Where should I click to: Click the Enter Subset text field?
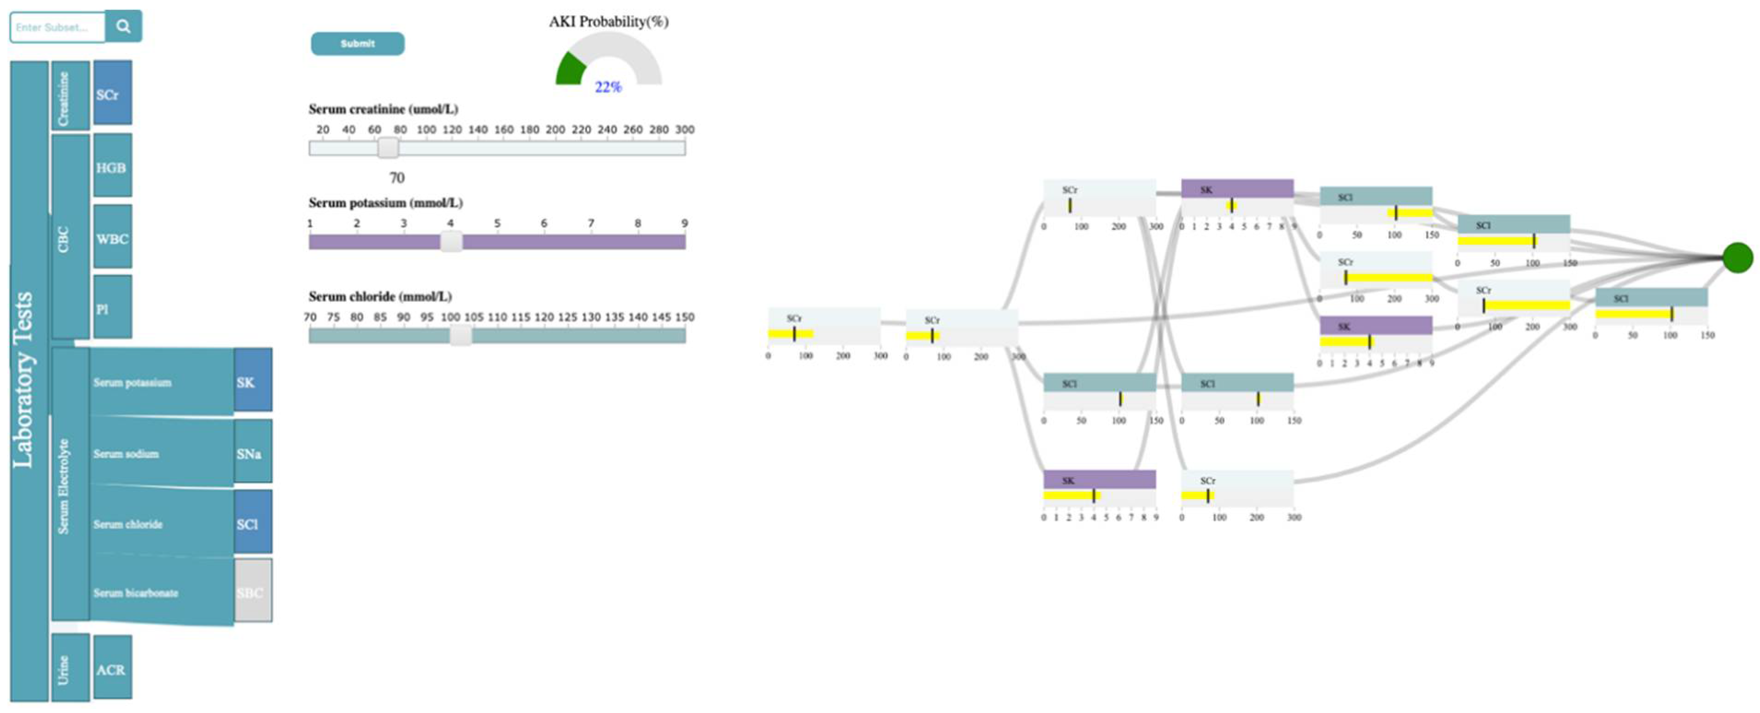(58, 27)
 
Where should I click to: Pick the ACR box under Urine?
(112, 669)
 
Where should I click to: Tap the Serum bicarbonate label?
(136, 593)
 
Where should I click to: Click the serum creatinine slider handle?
(388, 147)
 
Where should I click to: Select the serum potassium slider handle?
(451, 242)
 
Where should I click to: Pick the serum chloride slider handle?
(460, 335)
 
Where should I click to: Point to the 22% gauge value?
(607, 87)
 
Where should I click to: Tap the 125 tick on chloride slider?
(567, 317)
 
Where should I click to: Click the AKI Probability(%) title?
(608, 22)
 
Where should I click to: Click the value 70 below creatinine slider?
(397, 178)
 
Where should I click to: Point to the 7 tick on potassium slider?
(591, 224)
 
